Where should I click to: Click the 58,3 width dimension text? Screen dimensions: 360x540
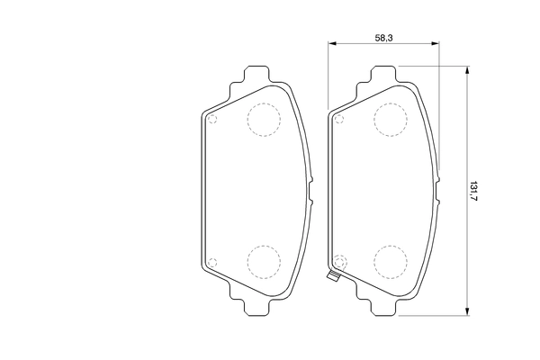[x=383, y=36]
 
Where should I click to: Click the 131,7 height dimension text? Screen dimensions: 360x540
[x=473, y=190]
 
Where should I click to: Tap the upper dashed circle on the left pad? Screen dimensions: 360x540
[x=263, y=119]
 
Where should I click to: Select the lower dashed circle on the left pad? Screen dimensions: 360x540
[x=263, y=260]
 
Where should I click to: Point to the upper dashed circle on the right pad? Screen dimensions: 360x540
[x=390, y=119]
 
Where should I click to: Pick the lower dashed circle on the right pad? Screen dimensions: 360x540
[x=390, y=260]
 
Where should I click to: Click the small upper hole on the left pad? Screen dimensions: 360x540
[x=212, y=119]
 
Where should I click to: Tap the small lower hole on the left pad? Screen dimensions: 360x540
[x=212, y=262]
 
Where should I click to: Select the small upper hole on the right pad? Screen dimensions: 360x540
[x=339, y=119]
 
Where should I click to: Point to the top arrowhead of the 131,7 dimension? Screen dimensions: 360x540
[x=466, y=69]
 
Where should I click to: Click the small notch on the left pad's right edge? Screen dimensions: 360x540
[x=310, y=190]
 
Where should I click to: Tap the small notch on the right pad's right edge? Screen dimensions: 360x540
[x=437, y=190]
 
